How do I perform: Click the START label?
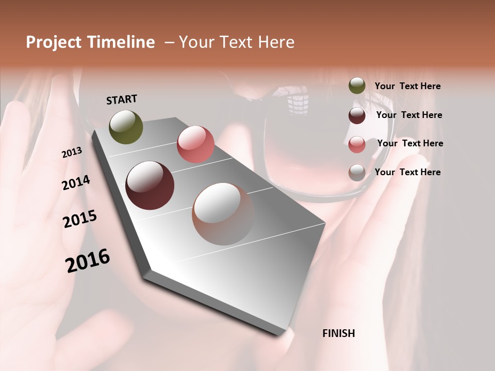pos(122,99)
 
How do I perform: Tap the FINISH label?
pos(338,333)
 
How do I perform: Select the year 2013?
pos(72,153)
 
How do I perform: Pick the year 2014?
pos(76,183)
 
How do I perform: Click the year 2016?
pos(88,261)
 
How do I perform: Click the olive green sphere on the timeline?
pos(126,127)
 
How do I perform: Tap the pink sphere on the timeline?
pos(195,144)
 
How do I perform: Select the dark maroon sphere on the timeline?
pos(150,185)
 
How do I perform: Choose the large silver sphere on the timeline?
pos(223,214)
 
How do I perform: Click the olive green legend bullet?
pos(357,86)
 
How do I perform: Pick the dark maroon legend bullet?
pos(357,115)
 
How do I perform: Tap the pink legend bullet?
pos(357,144)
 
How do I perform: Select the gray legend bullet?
pos(357,173)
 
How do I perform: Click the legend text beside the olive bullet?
pos(407,87)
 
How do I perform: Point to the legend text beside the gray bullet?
pos(407,172)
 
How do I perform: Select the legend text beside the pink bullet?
pos(410,143)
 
